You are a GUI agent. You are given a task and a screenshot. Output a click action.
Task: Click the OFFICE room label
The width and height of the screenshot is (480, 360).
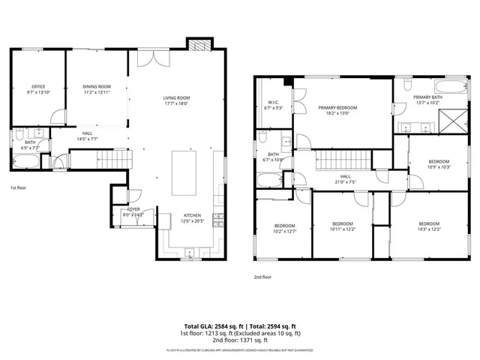(37, 86)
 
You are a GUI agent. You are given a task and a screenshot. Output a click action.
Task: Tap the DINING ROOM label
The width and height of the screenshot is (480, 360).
(97, 86)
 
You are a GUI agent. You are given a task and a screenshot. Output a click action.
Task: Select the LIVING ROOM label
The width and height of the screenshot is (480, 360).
(177, 97)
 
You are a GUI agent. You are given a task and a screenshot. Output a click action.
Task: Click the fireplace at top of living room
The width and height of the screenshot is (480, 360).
(198, 46)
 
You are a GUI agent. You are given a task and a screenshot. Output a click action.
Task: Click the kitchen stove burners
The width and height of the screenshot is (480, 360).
(218, 219)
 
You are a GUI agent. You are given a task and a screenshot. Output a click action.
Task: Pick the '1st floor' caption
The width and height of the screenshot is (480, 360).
(19, 187)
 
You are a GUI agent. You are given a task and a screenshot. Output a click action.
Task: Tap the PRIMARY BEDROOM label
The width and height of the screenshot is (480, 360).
(337, 108)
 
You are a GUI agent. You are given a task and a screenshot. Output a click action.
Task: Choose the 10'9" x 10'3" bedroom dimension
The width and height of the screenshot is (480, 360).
(439, 167)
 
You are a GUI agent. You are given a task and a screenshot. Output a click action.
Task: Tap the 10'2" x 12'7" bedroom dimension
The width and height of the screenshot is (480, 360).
(284, 232)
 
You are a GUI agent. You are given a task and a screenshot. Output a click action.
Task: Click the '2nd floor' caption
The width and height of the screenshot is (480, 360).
(262, 277)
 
